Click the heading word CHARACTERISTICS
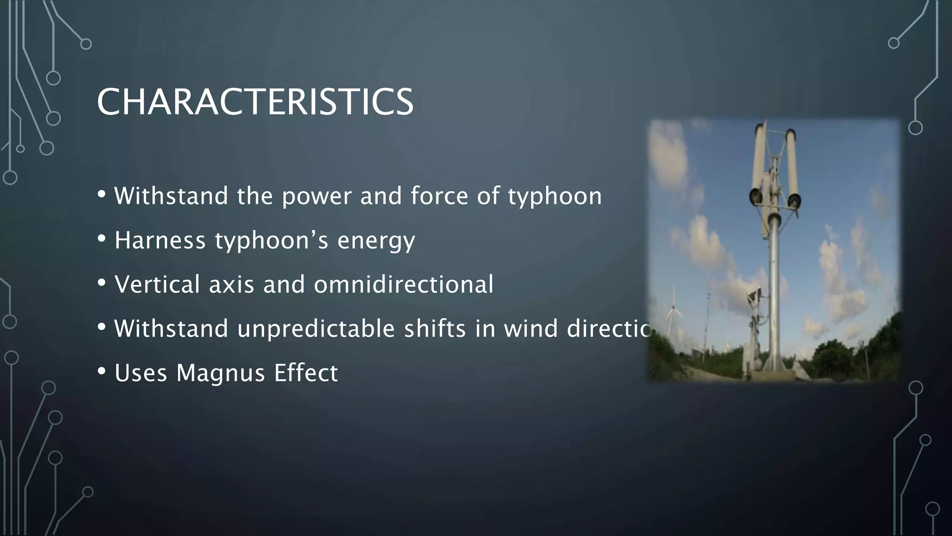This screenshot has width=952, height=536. [255, 102]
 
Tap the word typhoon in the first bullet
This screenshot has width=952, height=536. [555, 196]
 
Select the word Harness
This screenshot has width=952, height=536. [160, 241]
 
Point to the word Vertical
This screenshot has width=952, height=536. [157, 284]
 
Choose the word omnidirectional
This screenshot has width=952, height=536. [403, 284]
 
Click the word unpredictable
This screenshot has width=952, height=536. [316, 329]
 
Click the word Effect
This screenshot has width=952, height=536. [306, 373]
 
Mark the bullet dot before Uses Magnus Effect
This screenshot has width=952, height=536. [102, 371]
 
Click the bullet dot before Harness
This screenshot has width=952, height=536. [102, 239]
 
